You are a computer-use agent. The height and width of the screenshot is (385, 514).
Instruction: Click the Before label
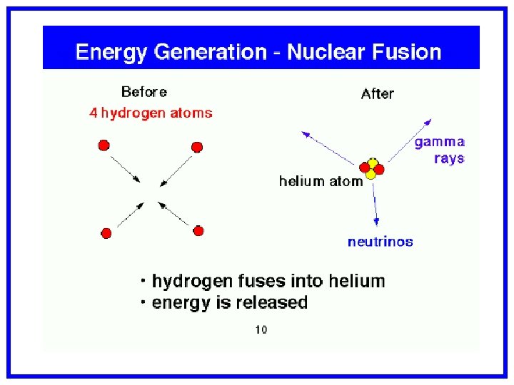tap(144, 92)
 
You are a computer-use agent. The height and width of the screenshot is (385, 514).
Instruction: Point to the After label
tap(377, 93)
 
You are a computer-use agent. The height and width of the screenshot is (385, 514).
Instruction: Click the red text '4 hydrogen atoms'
tap(151, 113)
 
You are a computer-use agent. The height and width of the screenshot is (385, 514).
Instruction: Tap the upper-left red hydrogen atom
tap(104, 145)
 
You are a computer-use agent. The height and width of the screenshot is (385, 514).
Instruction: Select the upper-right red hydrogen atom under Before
tap(197, 147)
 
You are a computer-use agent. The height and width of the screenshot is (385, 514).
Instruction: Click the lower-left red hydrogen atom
tap(106, 233)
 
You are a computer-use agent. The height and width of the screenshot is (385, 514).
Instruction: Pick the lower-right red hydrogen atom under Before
tap(198, 230)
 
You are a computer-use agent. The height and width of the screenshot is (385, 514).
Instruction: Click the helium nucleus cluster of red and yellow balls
tap(371, 169)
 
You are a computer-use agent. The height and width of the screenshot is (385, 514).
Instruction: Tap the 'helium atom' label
tap(321, 181)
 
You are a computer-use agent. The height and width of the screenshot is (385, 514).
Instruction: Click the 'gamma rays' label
tap(440, 150)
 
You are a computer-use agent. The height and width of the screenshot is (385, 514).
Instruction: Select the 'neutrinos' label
tap(380, 242)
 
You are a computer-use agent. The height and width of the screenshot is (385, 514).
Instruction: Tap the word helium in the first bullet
tap(354, 281)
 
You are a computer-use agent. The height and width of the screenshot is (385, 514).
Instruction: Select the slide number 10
tap(261, 329)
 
